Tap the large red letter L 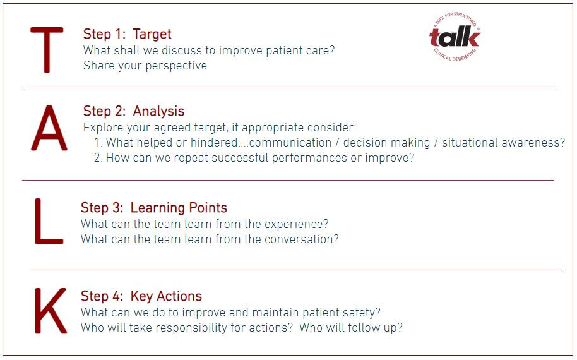(x=47, y=222)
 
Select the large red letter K (x=50, y=311)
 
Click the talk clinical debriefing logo (x=455, y=37)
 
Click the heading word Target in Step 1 (x=152, y=34)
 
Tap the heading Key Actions (x=166, y=296)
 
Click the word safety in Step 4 (x=362, y=312)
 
